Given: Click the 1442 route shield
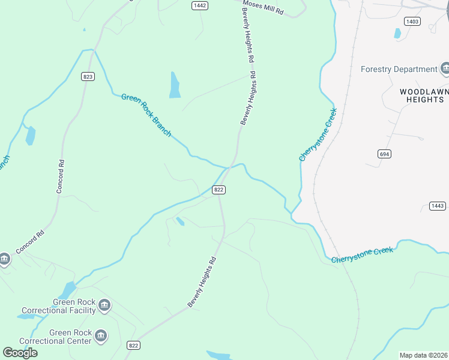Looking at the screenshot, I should click(x=200, y=5).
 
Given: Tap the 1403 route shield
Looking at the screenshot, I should click(x=412, y=22).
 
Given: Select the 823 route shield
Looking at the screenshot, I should click(x=88, y=76).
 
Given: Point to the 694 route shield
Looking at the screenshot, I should click(x=384, y=154).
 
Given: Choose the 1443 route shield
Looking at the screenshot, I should click(x=438, y=206).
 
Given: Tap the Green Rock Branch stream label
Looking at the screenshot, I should click(x=146, y=114).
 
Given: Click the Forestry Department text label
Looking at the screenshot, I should click(x=399, y=69).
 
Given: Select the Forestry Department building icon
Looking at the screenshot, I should click(x=445, y=69).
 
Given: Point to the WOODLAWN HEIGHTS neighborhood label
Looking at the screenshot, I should click(x=421, y=95).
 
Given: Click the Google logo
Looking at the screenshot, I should click(x=20, y=353).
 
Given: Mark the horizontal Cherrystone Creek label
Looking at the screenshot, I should click(x=363, y=254).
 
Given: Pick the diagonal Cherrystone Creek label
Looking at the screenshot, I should click(x=318, y=134).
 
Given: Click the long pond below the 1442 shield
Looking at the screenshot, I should click(x=175, y=85).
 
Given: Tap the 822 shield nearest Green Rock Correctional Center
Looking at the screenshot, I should click(x=133, y=345).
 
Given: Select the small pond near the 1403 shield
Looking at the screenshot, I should click(x=397, y=34).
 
